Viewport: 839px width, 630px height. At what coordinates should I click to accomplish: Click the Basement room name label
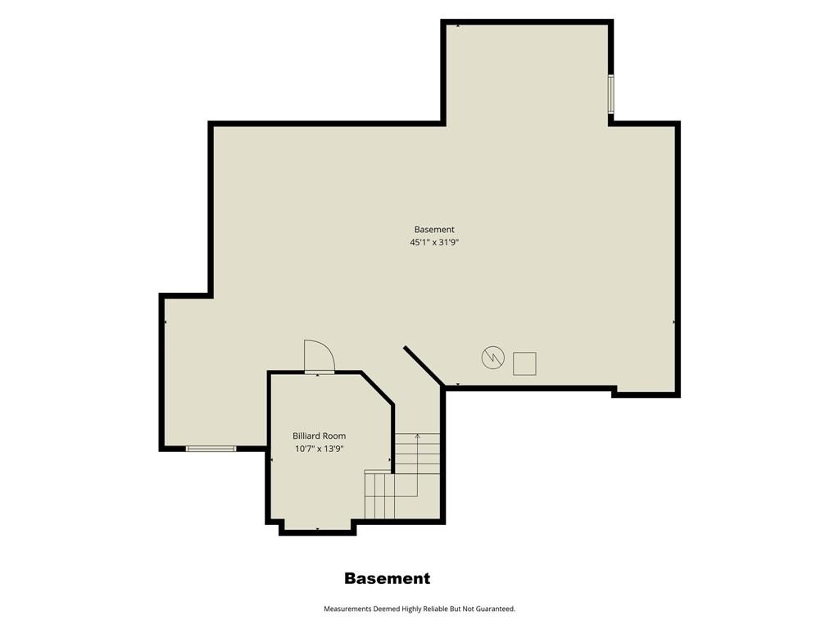tap(434, 230)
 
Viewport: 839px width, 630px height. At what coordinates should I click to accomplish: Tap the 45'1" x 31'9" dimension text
tap(434, 242)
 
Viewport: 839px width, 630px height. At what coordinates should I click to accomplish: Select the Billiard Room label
tap(319, 436)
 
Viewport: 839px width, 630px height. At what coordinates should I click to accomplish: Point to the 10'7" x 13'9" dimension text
tap(319, 449)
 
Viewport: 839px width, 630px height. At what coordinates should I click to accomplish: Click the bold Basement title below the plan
tap(387, 578)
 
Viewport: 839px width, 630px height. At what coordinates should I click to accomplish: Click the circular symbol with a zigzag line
tap(492, 358)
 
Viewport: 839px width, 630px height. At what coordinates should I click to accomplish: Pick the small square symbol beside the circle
tap(524, 363)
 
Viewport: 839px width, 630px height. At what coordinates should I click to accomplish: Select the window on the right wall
tap(610, 94)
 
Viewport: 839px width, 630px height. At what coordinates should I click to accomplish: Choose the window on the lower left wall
tap(211, 449)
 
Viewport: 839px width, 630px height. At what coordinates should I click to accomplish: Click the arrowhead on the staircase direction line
tap(417, 436)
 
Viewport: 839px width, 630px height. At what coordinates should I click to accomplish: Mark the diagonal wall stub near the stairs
tap(424, 366)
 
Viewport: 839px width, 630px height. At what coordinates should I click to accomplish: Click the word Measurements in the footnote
tap(347, 609)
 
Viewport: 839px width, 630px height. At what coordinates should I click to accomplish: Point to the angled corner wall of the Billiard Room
tap(378, 388)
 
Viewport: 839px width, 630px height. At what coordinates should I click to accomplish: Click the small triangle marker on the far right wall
tap(673, 322)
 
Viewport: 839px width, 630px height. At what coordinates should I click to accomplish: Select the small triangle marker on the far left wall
tap(166, 322)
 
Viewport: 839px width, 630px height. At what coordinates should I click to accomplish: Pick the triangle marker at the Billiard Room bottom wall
tap(317, 529)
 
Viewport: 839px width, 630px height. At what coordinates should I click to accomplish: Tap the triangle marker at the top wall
tap(459, 25)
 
